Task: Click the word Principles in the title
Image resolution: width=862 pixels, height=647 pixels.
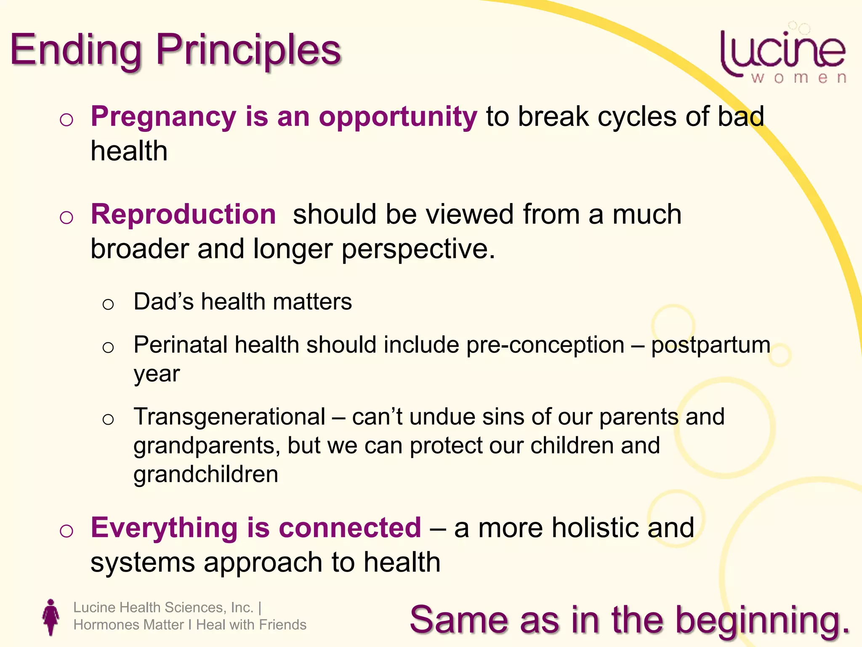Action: [248, 51]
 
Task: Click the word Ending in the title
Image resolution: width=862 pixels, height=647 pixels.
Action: [76, 51]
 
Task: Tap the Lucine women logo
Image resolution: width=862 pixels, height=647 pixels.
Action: [783, 55]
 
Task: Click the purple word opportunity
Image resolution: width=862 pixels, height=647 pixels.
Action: [398, 117]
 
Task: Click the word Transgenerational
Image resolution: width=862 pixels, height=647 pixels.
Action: [229, 417]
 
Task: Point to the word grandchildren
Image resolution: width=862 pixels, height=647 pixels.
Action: [205, 475]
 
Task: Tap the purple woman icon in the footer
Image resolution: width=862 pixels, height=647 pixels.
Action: [51, 617]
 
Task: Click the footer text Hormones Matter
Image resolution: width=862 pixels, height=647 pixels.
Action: [128, 625]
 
